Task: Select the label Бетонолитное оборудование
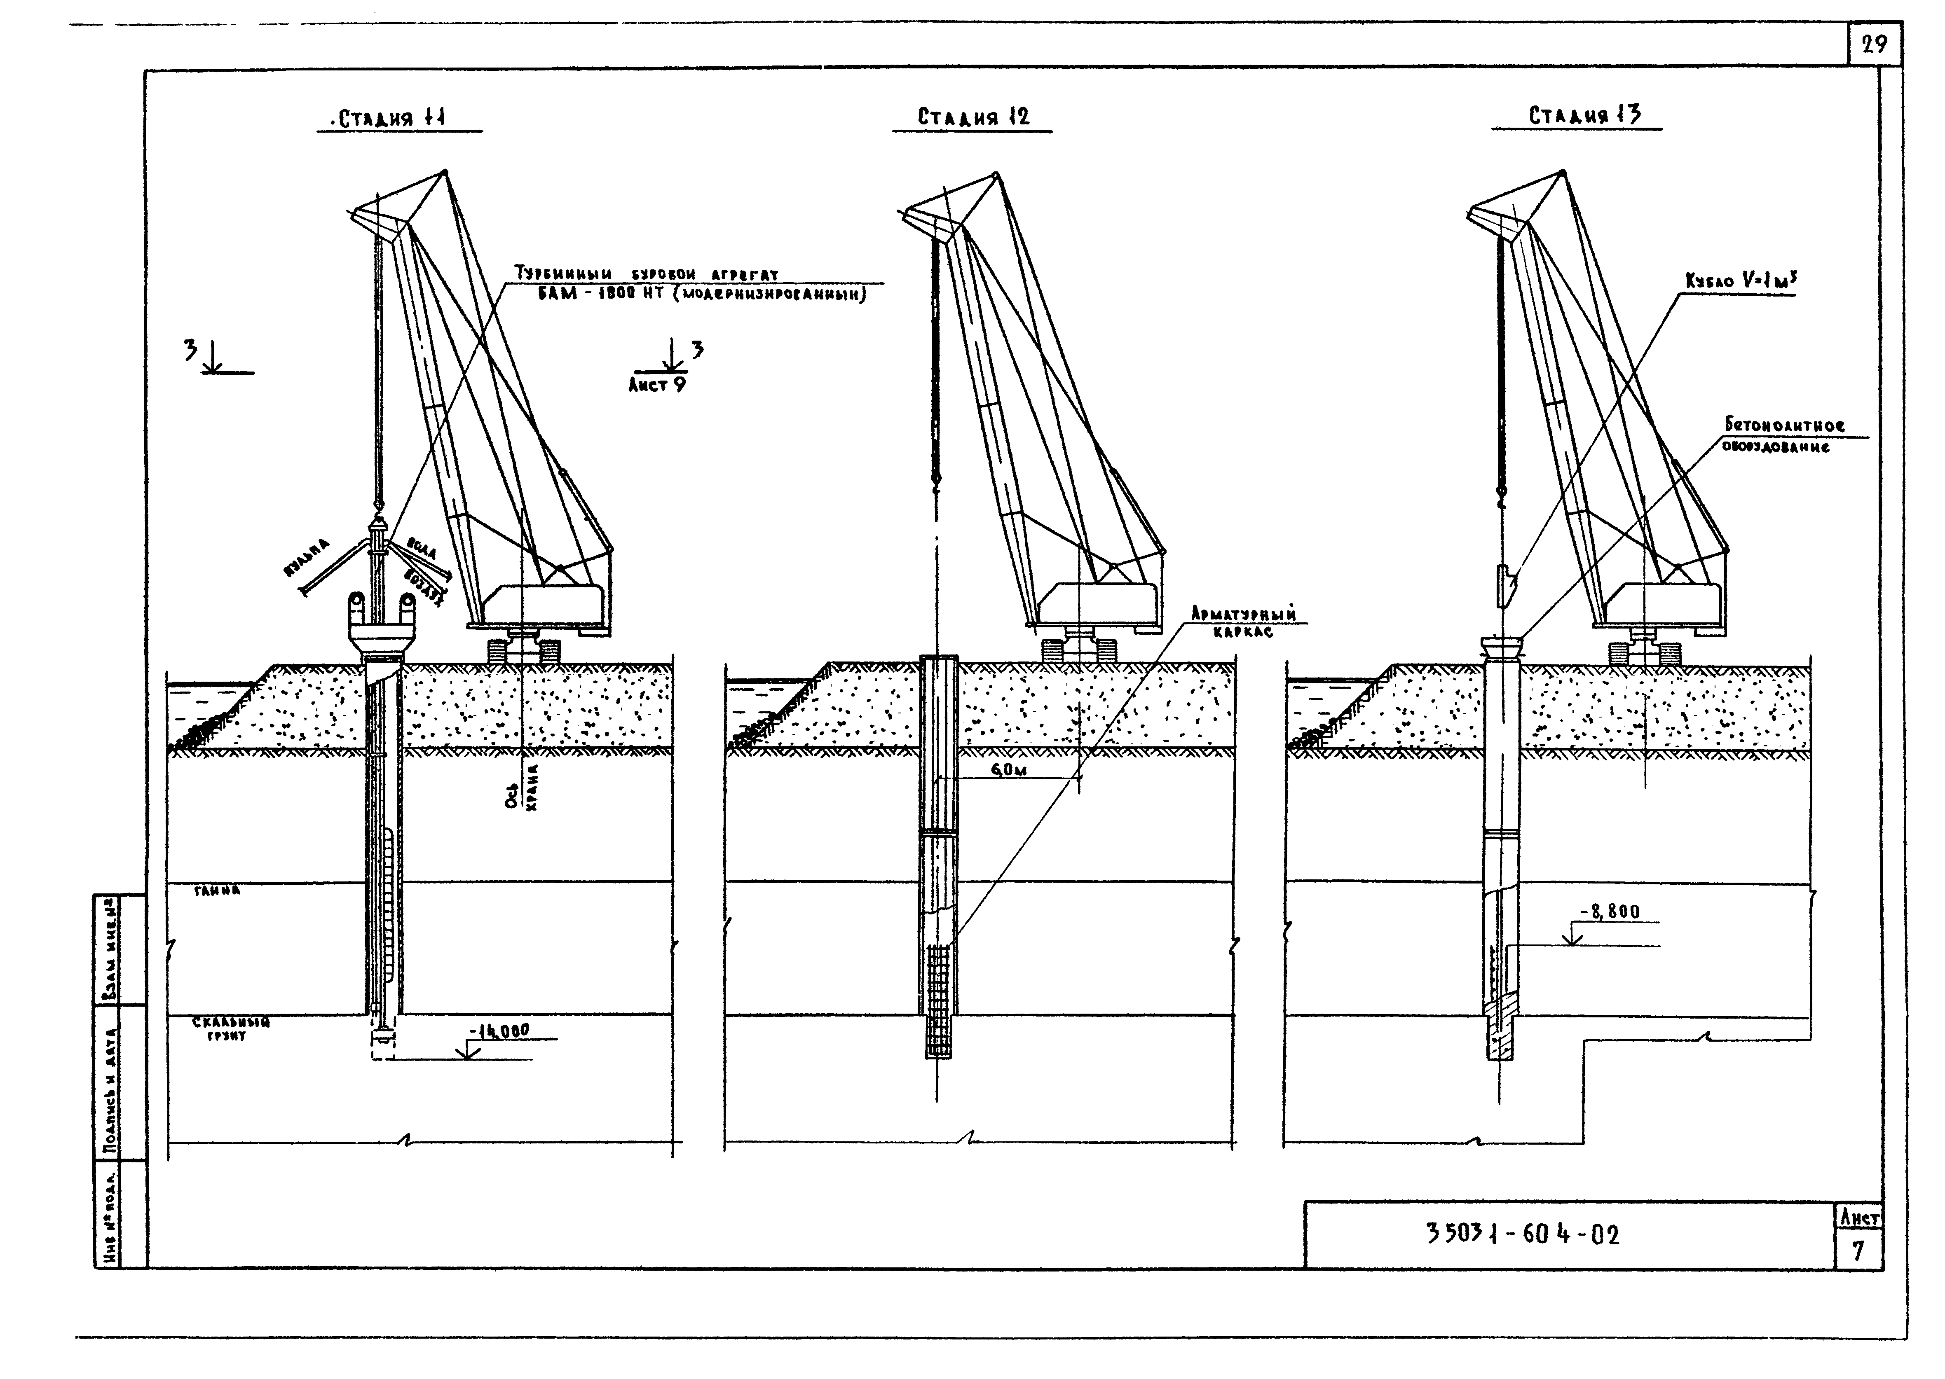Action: (1783, 435)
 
